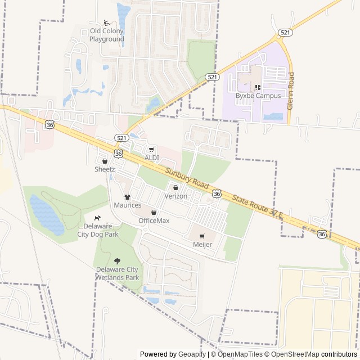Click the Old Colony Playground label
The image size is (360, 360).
point(107,35)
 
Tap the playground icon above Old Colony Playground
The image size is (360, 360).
point(107,23)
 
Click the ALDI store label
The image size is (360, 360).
point(152,157)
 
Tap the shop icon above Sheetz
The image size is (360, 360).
point(105,161)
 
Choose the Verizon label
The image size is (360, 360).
point(175,196)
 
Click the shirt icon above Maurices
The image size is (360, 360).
point(128,197)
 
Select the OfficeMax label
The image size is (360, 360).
point(154,220)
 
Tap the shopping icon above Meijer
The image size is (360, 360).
point(202,236)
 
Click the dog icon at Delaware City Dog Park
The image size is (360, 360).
point(98,218)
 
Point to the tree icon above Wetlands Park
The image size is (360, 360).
point(117,260)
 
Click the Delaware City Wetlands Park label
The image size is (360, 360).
point(117,273)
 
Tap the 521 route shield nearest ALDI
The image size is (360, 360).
point(121,137)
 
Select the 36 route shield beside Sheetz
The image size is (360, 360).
point(118,153)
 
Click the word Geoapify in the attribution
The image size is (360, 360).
point(192,354)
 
